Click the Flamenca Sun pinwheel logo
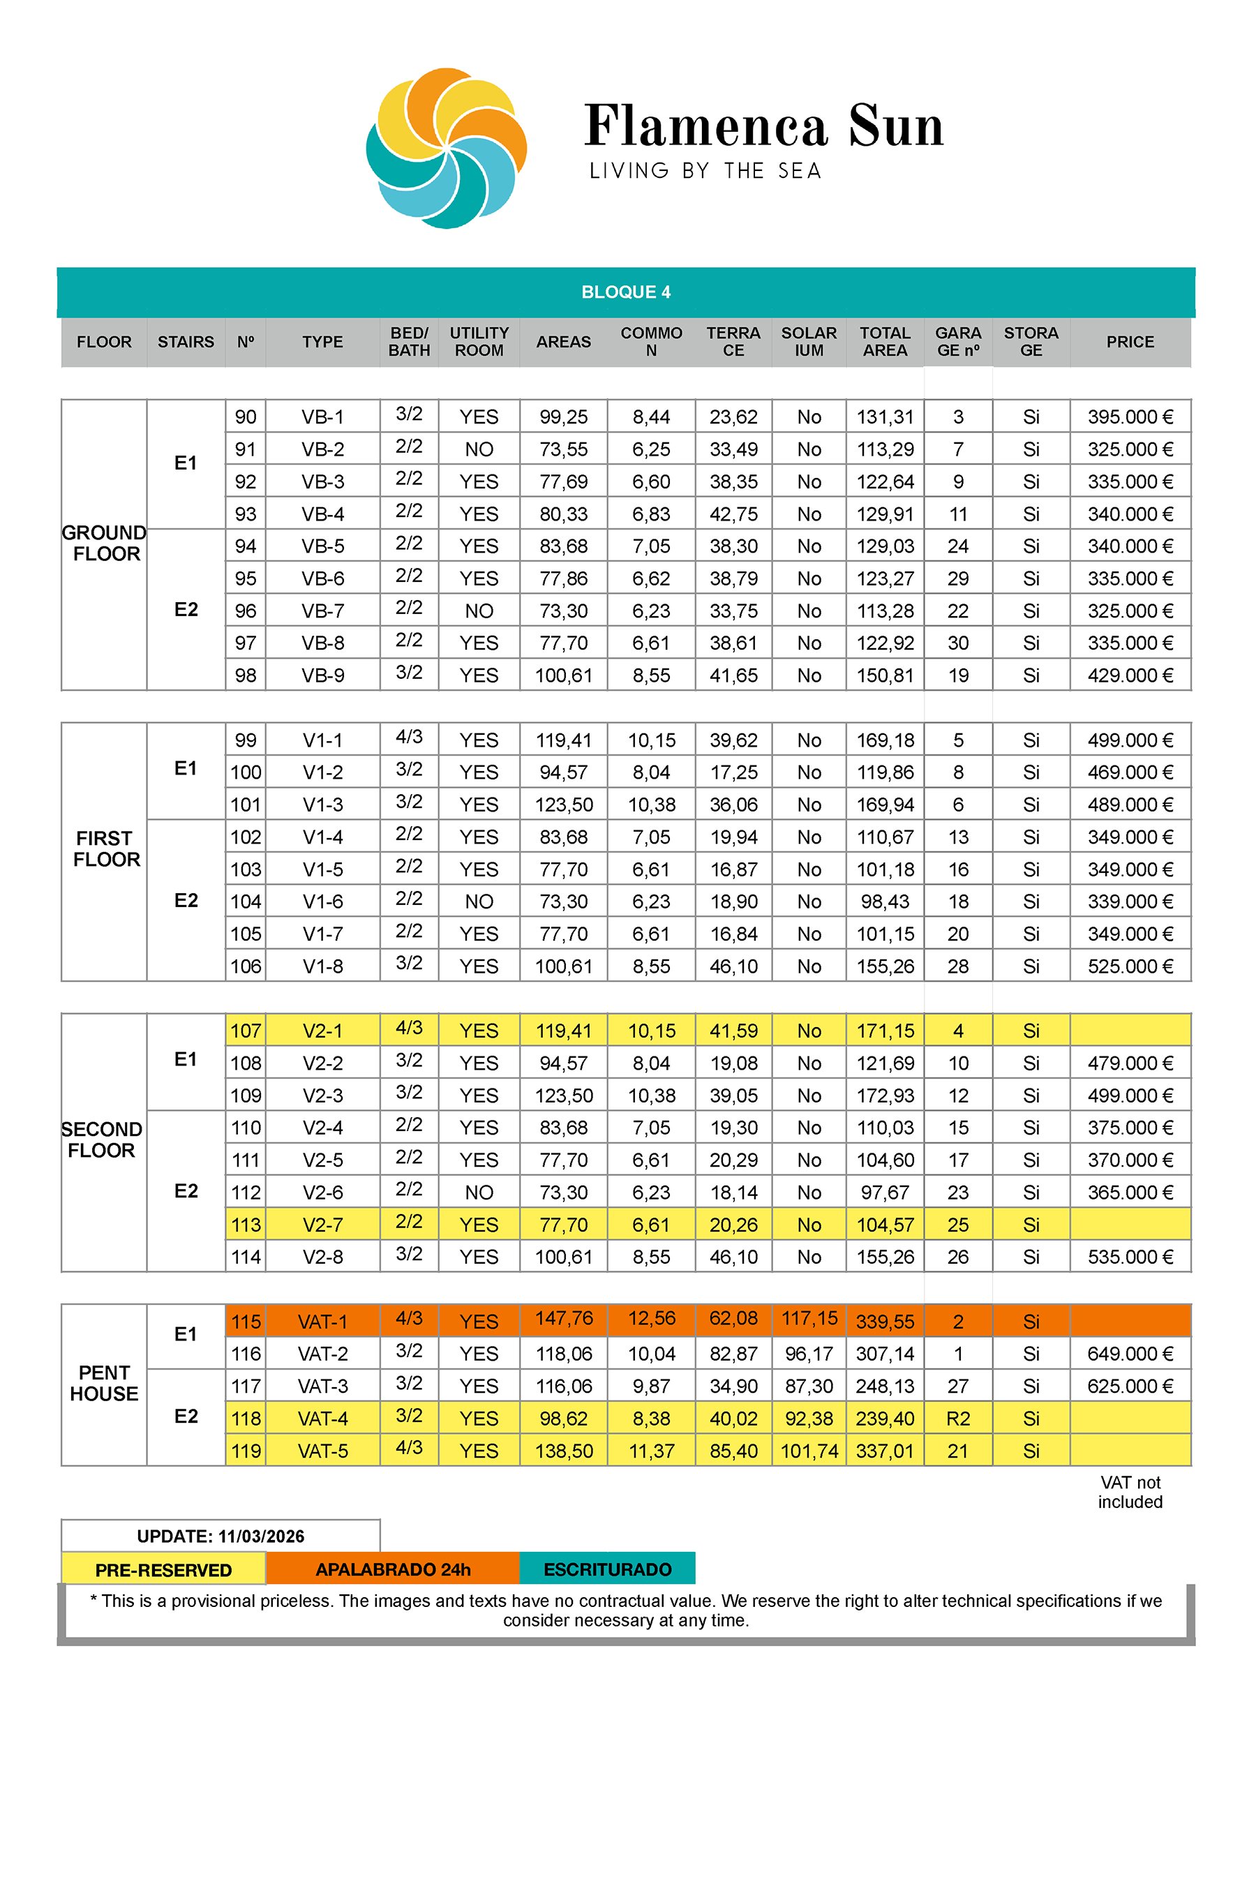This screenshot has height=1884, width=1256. pos(446,148)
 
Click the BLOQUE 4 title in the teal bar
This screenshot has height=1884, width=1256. pos(626,292)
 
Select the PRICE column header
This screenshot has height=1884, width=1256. pos(1130,342)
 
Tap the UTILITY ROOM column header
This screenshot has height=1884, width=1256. pos(479,342)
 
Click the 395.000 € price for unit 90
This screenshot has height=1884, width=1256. pos(1130,417)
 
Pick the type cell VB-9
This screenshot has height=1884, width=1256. pos(323,676)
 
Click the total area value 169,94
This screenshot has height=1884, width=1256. pos(884,805)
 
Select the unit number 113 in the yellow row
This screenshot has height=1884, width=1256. pos(246,1225)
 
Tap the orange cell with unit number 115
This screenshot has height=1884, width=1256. pos(246,1322)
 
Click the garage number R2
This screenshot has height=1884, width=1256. pos(958,1419)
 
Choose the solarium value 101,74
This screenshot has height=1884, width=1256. pos(809,1451)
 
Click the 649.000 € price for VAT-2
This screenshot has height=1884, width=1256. pos(1130,1354)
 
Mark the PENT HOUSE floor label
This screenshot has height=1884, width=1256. pos(104,1384)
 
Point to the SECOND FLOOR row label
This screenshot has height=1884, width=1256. pos(103,1140)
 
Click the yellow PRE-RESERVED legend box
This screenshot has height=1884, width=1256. pos(163,1570)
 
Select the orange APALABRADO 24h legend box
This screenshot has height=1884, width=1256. pos(392,1569)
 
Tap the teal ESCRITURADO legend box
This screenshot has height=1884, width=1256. pos(607,1569)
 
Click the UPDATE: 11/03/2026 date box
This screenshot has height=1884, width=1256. pos(220,1537)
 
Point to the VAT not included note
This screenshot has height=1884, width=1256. pos(1130,1493)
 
